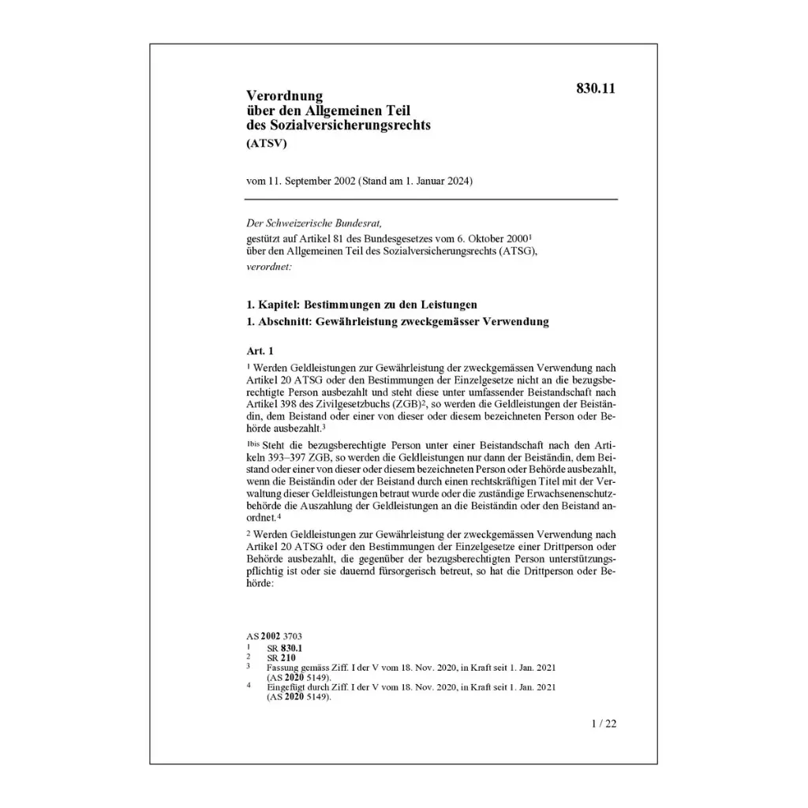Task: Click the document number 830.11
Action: click(x=596, y=88)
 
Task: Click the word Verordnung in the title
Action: click(x=284, y=96)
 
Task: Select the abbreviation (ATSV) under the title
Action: click(x=267, y=144)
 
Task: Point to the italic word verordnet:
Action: click(x=269, y=267)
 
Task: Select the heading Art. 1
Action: click(x=260, y=350)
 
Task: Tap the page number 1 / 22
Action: click(x=604, y=723)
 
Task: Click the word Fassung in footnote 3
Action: click(x=283, y=668)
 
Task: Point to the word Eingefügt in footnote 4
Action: click(x=287, y=687)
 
